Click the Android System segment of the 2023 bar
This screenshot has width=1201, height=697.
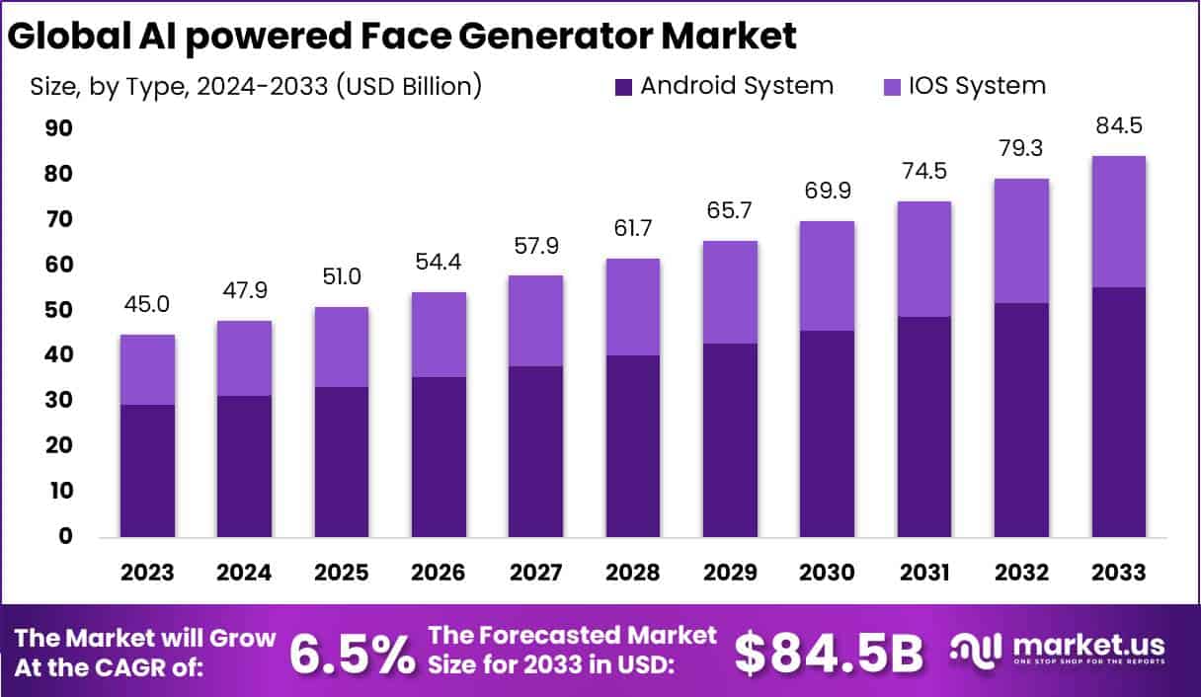coord(148,471)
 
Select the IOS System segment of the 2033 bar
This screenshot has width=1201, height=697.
coord(1119,221)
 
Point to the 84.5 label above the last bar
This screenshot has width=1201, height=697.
coord(1119,127)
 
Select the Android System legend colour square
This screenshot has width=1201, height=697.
coord(622,86)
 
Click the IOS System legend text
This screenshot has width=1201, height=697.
coord(970,86)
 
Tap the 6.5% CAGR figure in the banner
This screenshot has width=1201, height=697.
coord(353,653)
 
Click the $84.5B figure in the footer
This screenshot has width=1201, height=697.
coord(830,653)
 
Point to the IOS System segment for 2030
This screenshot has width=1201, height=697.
coord(827,275)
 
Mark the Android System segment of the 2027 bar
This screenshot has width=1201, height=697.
coord(536,451)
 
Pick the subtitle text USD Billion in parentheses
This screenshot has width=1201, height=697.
coord(408,86)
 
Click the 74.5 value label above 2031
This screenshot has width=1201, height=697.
coord(924,172)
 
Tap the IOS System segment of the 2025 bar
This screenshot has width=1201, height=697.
coord(342,347)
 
